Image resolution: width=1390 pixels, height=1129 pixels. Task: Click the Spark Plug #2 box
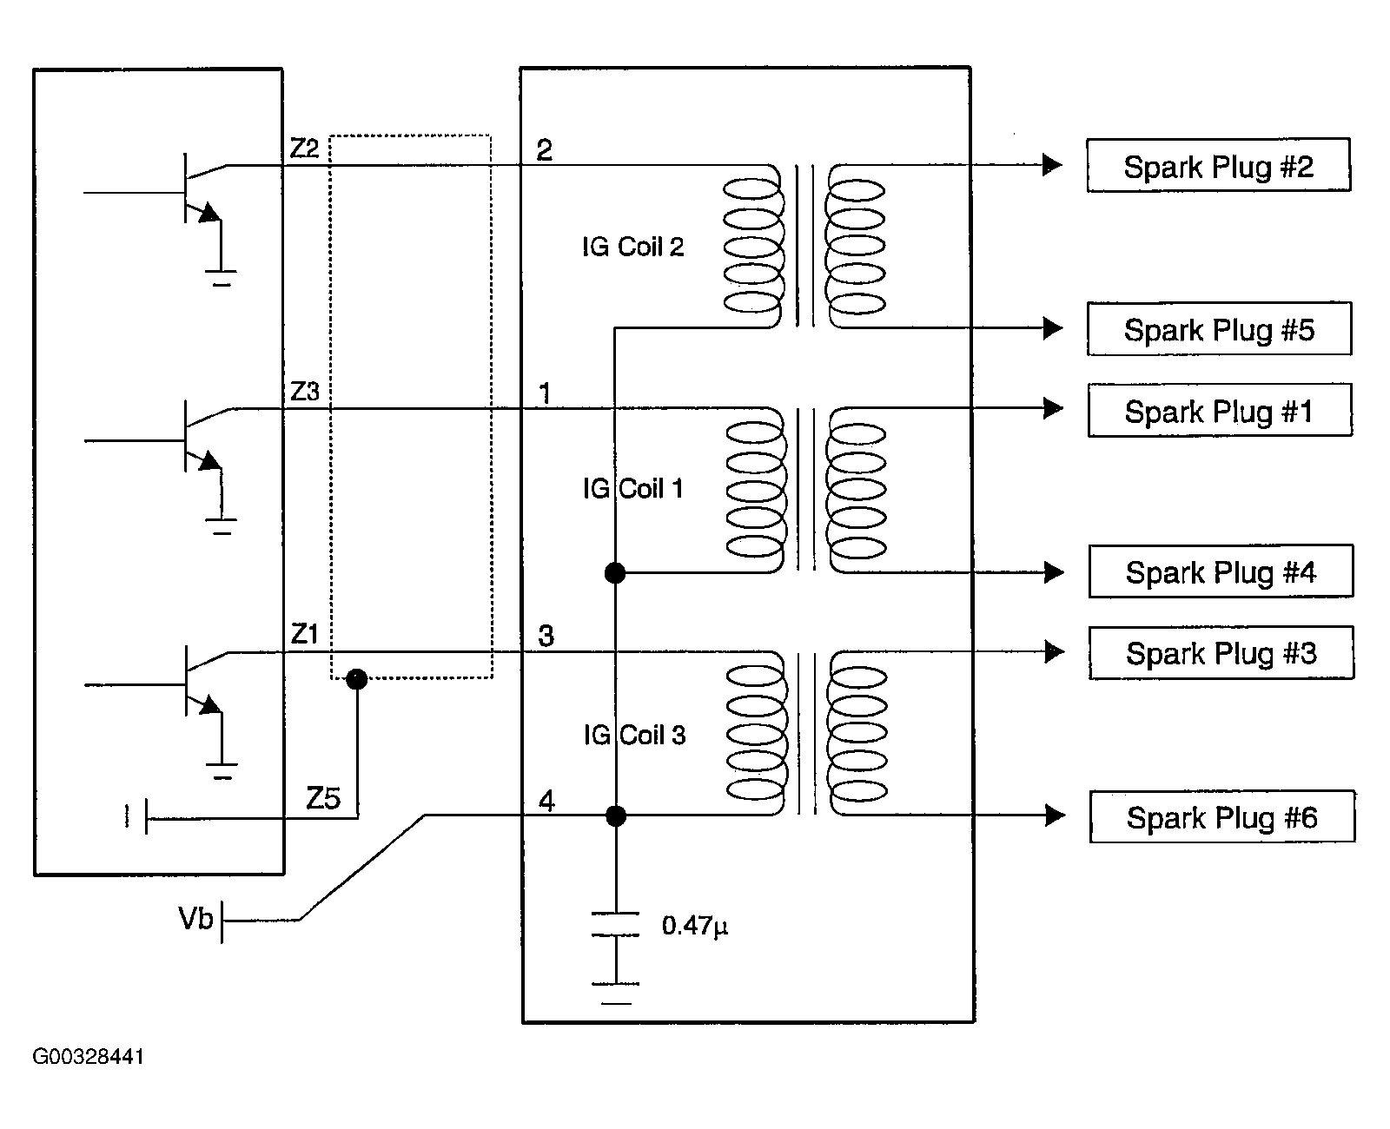pos(1218,165)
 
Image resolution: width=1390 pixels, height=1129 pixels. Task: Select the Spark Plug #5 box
pos(1219,329)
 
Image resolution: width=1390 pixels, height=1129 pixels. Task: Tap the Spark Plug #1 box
pos(1220,410)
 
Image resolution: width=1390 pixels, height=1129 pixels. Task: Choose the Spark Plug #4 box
pos(1221,571)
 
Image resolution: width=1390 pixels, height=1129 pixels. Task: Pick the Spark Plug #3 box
pos(1221,652)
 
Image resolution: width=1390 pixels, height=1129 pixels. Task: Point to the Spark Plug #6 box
pos(1222,816)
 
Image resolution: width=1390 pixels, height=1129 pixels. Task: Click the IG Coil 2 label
pos(633,248)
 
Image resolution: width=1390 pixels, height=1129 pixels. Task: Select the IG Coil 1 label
pos(633,489)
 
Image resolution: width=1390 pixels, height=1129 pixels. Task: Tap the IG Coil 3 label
pos(634,736)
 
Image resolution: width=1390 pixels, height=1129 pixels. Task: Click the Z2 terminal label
pos(304,149)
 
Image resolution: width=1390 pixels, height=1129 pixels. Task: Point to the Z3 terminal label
pos(304,392)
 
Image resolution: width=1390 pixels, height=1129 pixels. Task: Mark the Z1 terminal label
pos(304,635)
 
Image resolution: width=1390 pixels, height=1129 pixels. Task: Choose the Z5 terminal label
pos(322,798)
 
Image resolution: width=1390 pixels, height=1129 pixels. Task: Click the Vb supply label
pos(195,919)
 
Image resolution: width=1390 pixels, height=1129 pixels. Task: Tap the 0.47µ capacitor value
pos(694,926)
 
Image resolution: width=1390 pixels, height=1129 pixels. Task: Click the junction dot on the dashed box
pos(356,679)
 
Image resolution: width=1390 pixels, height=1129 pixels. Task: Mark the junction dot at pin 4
pos(615,815)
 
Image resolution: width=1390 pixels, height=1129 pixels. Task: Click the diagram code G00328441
pos(89,1057)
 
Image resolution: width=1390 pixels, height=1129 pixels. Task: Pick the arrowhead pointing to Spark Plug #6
pos(1055,815)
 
